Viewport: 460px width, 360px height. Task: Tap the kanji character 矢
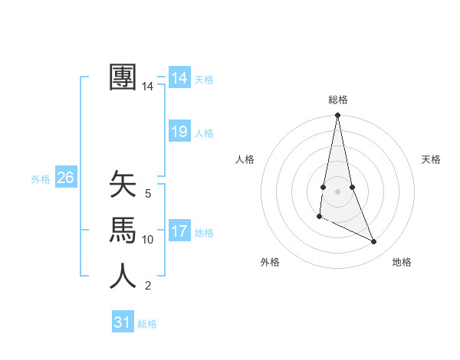point(123,185)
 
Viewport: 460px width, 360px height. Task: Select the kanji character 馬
point(123,230)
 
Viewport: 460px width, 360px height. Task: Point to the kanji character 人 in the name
point(123,276)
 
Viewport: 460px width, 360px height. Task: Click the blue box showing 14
point(179,78)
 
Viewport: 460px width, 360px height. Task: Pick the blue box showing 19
point(179,132)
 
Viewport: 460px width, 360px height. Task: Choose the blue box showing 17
point(179,231)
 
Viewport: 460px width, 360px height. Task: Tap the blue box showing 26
point(65,178)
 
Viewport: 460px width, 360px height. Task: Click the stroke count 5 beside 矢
point(148,194)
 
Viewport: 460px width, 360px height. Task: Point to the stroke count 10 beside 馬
point(148,240)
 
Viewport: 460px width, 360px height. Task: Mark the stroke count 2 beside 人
point(148,286)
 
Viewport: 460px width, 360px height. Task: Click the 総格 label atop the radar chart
point(337,100)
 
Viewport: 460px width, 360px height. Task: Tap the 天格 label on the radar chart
point(431,159)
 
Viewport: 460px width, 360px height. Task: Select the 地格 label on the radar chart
point(402,262)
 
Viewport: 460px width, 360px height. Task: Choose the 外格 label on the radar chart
point(270,262)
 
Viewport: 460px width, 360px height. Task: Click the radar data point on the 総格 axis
point(337,116)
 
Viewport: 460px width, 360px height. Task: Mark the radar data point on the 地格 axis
point(374,242)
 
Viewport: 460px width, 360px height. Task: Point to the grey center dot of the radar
point(337,190)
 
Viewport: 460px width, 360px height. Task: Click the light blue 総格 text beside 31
point(147,324)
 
